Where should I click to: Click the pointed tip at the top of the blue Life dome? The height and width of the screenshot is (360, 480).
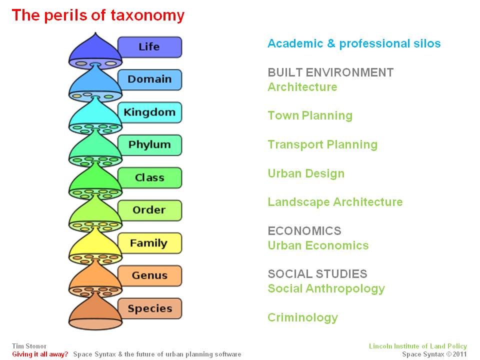pos(95,33)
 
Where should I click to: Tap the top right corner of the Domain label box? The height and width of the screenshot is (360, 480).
pos(182,70)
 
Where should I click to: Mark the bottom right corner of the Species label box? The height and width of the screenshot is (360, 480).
pos(182,318)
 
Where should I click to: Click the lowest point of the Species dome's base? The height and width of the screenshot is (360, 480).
pos(95,329)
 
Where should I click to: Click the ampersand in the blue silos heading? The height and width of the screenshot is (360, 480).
pos(331,43)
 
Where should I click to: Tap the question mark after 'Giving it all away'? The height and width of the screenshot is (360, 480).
pos(66,354)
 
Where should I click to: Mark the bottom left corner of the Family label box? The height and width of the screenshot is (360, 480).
pos(118,253)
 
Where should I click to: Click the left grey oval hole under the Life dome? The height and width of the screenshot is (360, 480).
pos(81,63)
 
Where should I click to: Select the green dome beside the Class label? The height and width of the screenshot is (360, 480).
pos(95,177)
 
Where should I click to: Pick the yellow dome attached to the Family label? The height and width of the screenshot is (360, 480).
pos(95,243)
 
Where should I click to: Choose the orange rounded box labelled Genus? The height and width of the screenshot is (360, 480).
pos(149,276)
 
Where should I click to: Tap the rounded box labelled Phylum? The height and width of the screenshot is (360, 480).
pos(149,145)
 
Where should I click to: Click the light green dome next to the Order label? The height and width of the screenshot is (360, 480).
pos(95,210)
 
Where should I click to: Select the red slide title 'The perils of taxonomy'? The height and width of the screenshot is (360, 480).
pos(98,15)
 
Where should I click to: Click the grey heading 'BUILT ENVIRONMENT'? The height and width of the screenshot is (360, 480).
pos(330,72)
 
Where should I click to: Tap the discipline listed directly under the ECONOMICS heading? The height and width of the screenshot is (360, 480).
pos(318,245)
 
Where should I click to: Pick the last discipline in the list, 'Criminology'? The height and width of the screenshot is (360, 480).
pos(303,318)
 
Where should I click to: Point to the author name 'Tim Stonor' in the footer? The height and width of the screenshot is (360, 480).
pos(29,346)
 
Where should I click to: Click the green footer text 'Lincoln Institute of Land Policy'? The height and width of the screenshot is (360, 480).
pos(418,346)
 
